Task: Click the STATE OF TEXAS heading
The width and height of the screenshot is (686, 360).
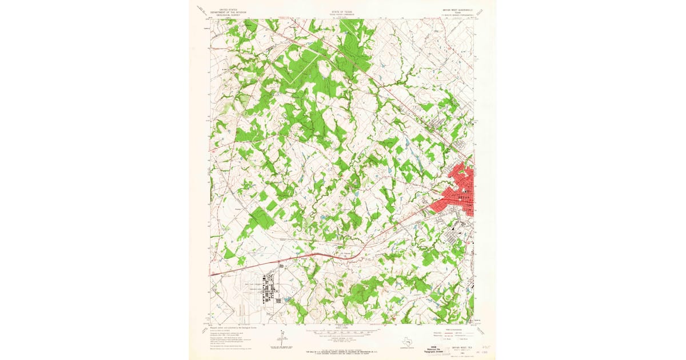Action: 342,11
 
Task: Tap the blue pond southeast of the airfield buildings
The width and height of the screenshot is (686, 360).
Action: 286,299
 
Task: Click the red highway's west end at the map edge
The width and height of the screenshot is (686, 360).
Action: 211,275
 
